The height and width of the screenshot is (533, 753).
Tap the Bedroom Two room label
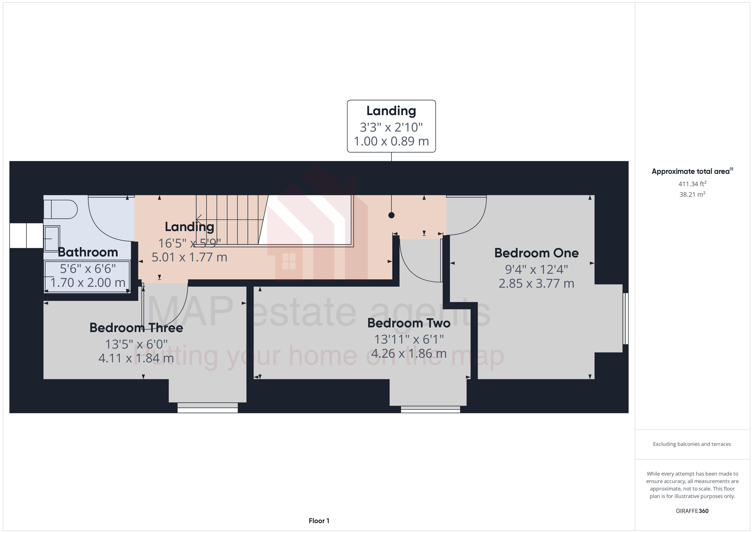[x=409, y=323]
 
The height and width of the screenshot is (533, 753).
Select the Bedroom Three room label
[x=136, y=328]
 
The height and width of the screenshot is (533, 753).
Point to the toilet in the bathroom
[x=62, y=209]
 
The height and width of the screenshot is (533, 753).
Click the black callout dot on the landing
[x=391, y=215]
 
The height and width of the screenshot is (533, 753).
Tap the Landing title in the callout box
[x=391, y=111]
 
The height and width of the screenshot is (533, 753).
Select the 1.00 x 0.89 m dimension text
[x=391, y=141]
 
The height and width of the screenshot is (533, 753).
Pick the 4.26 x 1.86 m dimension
[x=409, y=353]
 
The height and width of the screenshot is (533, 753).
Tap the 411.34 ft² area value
[x=692, y=184]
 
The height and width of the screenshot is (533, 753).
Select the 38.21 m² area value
[x=692, y=194]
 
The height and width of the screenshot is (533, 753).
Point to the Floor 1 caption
[x=319, y=521]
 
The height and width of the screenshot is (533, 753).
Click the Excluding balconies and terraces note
[x=692, y=444]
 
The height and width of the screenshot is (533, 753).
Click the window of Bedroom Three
[x=207, y=408]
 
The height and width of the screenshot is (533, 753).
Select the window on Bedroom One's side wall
[x=625, y=318]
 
